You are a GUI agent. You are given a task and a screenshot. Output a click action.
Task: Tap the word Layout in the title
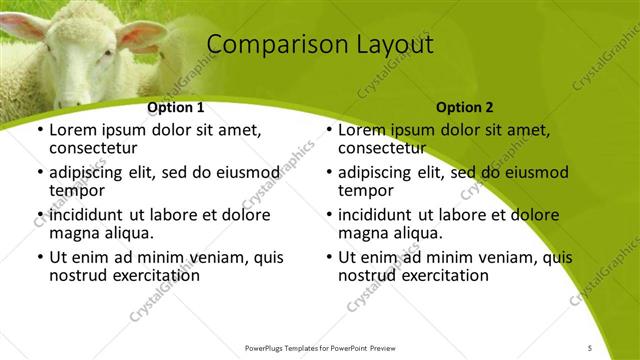point(395,45)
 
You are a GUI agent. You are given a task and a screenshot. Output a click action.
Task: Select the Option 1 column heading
point(176,107)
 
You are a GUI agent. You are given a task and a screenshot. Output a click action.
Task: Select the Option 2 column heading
point(464,107)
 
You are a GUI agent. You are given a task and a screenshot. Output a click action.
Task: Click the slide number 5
point(590,346)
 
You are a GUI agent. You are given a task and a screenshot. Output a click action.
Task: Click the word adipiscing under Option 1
point(91,172)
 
